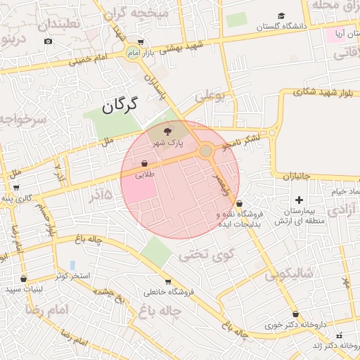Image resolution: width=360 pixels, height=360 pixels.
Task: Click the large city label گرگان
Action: (117, 106)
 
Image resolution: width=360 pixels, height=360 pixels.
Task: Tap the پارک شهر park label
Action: (169, 143)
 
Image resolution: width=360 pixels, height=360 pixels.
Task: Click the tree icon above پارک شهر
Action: (167, 131)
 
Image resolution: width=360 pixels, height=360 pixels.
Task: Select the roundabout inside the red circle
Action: (205, 150)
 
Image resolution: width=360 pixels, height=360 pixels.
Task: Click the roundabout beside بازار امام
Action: (134, 52)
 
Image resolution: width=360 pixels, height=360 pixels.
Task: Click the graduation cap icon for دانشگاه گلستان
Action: (281, 15)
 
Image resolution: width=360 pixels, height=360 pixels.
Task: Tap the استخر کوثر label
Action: (73, 276)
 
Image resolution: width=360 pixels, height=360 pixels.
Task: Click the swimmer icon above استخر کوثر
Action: (73, 265)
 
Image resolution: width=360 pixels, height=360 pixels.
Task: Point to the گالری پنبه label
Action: (16, 199)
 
